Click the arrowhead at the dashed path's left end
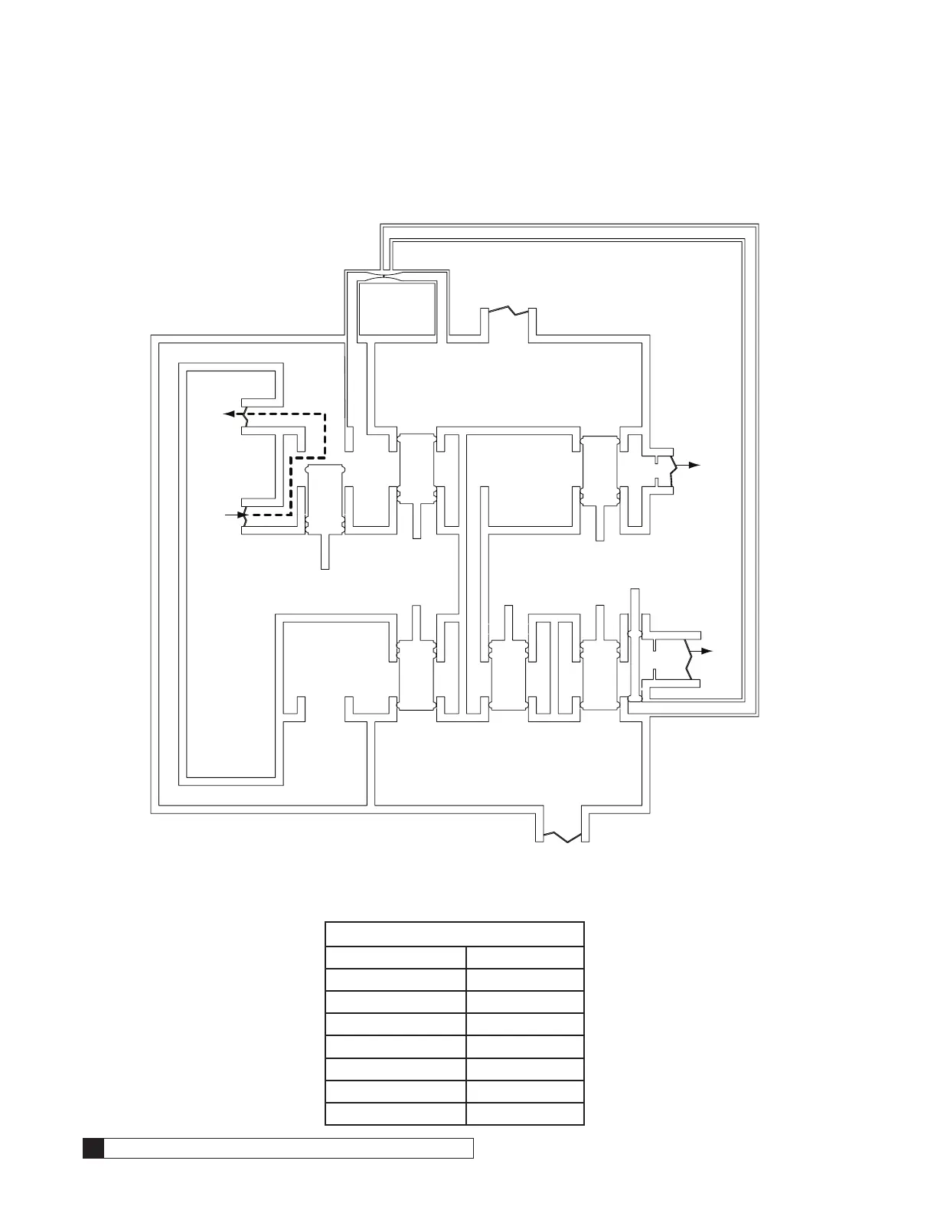pos(227,414)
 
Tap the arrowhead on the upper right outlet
pos(694,465)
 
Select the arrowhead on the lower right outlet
pos(707,650)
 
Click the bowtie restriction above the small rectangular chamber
pos(396,275)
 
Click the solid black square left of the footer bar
pos(93,1148)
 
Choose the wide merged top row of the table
pos(455,935)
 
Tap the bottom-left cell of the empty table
pos(396,1113)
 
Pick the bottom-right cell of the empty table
pos(525,1113)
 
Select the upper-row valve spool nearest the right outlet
pos(599,471)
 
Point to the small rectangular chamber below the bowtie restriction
pos(397,308)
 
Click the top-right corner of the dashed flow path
pos(325,414)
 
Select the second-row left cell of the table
pos(396,958)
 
